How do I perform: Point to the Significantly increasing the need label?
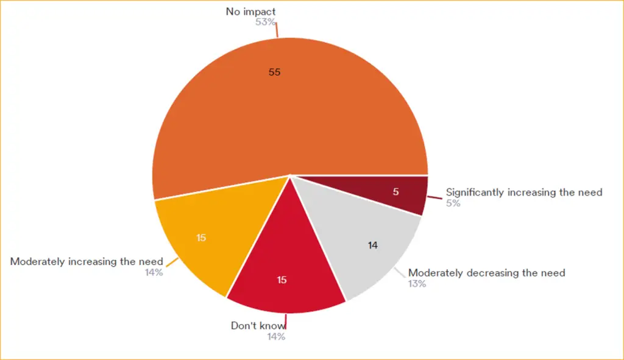point(524,192)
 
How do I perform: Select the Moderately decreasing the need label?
point(486,272)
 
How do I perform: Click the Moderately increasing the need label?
point(87,261)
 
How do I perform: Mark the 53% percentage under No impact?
point(266,23)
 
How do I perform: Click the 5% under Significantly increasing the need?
point(453,203)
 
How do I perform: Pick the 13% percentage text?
point(417,284)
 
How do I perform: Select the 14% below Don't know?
point(276,336)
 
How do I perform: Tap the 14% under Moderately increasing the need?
point(154,272)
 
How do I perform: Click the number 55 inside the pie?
point(274,72)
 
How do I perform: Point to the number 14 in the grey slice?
point(373,245)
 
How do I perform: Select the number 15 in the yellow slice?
point(201,238)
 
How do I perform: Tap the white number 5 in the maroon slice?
point(395,192)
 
